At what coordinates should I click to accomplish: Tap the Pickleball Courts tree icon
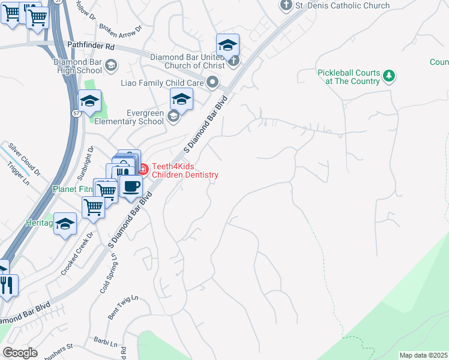(390, 76)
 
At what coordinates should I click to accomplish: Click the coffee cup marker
(130, 186)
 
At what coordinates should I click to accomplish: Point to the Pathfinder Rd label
(91, 46)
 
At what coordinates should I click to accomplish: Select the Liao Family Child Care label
(162, 82)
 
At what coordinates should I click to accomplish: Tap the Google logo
(20, 353)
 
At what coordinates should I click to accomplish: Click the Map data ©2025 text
(423, 355)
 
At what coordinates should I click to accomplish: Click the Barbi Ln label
(105, 343)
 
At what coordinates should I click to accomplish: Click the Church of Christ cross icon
(234, 60)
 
